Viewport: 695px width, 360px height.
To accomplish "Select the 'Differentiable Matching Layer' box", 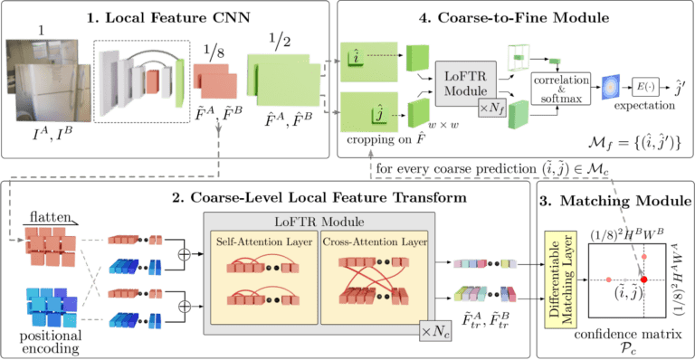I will point(556,275).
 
